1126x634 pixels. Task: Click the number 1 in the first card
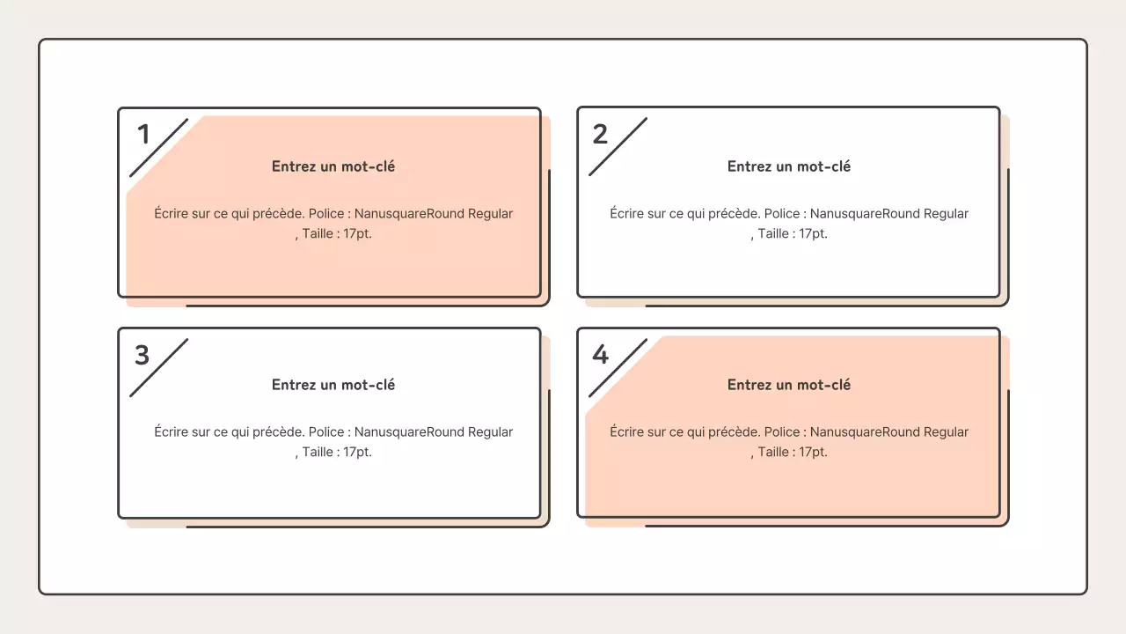pos(143,135)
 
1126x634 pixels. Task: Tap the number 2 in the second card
pos(600,135)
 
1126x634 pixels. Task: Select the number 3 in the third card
pos(142,355)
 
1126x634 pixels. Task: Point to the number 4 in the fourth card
pos(600,355)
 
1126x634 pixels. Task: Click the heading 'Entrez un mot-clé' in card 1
pos(333,166)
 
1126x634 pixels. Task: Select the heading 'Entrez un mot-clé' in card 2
pos(789,166)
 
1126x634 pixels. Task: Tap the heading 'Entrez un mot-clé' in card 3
pos(333,385)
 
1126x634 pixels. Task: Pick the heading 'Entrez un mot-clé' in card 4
pos(789,385)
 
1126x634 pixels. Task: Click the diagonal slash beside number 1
pos(159,147)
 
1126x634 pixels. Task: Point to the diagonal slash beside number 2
pos(618,147)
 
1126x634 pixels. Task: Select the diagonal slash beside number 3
pos(159,367)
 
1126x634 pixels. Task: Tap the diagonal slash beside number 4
pos(618,367)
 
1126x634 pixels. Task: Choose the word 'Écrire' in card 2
pos(626,214)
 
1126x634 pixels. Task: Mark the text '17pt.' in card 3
pos(357,453)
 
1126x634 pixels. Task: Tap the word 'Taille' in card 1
pos(318,234)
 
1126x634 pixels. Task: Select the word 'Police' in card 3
pos(326,432)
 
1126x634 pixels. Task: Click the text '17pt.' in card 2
pos(813,234)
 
